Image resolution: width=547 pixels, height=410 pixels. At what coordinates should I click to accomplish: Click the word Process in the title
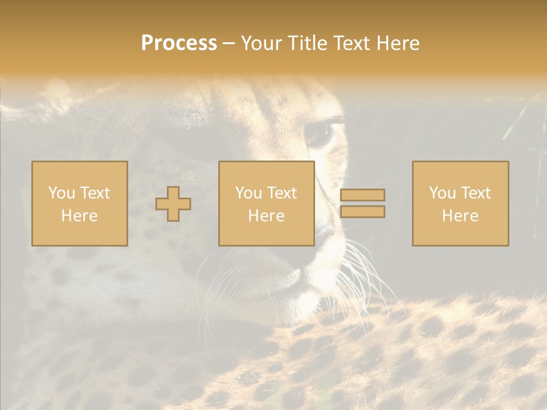tap(179, 43)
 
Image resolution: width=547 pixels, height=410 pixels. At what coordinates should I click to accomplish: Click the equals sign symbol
tap(362, 203)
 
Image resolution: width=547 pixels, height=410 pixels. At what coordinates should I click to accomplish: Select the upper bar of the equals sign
tap(362, 195)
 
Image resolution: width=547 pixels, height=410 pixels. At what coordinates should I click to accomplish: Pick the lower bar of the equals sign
tap(362, 212)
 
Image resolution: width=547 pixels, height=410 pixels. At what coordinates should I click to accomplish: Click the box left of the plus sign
tap(79, 203)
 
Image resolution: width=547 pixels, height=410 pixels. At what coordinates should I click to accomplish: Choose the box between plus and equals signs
tap(266, 203)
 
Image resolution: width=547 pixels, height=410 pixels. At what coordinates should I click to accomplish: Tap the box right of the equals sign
tap(460, 203)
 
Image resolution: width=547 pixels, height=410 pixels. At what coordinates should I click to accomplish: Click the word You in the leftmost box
tap(61, 193)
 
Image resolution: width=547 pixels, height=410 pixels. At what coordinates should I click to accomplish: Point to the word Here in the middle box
tap(266, 216)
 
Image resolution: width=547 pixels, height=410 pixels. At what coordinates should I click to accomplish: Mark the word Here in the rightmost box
tap(460, 216)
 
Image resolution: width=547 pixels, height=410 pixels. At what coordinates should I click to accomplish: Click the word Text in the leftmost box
tap(94, 193)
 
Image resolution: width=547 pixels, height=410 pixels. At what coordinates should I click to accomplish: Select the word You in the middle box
tap(248, 193)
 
